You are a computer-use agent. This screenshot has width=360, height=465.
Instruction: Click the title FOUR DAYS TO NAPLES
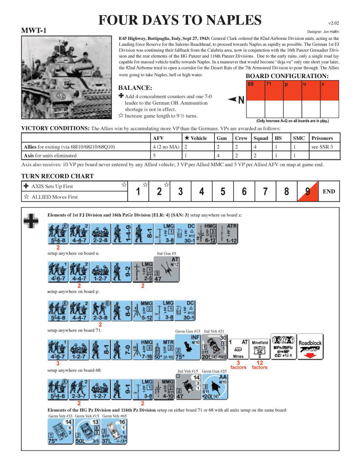(x=180, y=20)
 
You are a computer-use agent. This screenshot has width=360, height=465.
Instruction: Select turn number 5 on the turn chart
(x=223, y=191)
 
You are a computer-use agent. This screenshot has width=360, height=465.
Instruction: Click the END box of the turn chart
(x=329, y=191)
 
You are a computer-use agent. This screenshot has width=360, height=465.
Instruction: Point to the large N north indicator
(x=238, y=100)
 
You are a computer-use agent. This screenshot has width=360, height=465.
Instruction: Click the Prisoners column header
(x=322, y=138)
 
